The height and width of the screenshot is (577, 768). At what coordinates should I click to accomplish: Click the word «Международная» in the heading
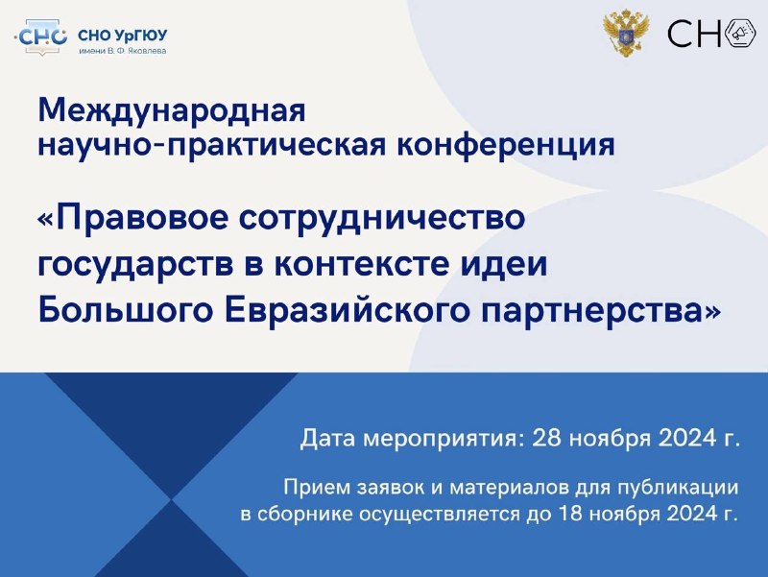(x=172, y=111)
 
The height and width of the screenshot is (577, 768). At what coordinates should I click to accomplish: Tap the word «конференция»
(x=506, y=146)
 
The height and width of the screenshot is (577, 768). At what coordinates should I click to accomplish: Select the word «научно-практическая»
(x=212, y=146)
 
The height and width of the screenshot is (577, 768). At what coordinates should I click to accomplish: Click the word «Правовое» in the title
(x=142, y=218)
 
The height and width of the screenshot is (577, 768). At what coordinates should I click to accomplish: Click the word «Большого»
(x=126, y=309)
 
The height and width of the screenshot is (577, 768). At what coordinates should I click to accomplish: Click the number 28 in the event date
(x=546, y=437)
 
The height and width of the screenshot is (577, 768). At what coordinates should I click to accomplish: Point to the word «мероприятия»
(x=440, y=439)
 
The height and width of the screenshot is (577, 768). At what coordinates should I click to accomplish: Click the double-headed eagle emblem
(x=626, y=33)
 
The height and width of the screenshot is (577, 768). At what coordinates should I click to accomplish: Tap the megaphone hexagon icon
(x=739, y=34)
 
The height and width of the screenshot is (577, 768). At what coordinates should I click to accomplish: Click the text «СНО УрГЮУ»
(x=123, y=36)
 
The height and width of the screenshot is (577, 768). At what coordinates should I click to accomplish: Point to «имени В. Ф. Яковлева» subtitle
(x=123, y=51)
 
